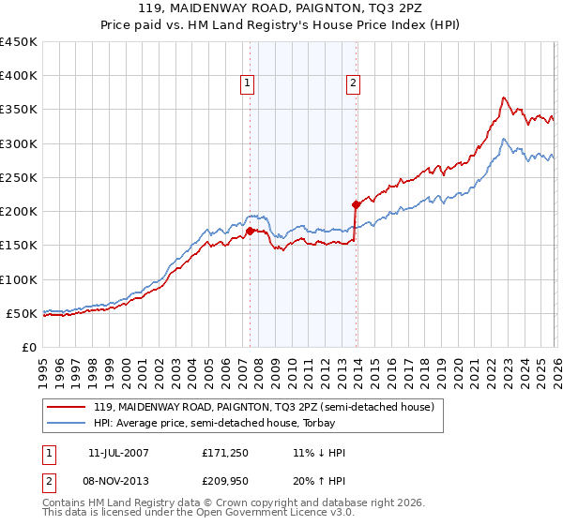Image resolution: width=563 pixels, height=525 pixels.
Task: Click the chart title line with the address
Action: click(x=281, y=8)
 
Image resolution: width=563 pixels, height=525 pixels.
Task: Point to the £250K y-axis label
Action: click(x=19, y=178)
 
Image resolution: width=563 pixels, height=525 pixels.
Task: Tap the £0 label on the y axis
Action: click(x=28, y=347)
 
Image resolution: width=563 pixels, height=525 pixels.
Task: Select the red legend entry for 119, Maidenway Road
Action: click(x=263, y=408)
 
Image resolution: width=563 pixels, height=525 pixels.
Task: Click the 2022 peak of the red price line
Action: click(x=504, y=97)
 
